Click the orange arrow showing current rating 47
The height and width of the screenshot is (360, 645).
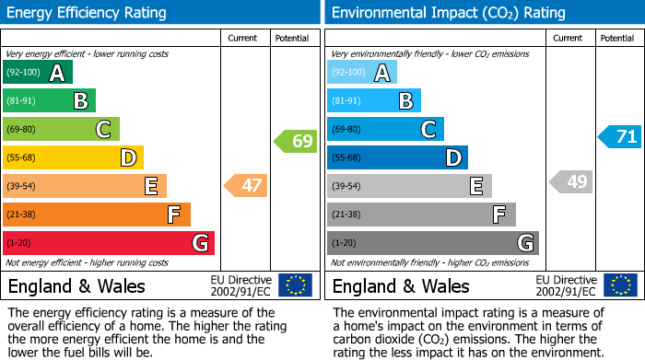pyautogui.click(x=246, y=186)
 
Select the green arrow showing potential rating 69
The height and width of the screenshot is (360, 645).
pyautogui.click(x=295, y=142)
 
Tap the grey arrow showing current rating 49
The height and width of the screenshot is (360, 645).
pyautogui.click(x=570, y=182)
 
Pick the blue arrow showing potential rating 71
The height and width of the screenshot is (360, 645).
pyautogui.click(x=620, y=137)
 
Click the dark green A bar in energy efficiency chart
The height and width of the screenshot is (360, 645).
pyautogui.click(x=37, y=73)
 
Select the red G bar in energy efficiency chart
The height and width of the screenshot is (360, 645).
pyautogui.click(x=108, y=243)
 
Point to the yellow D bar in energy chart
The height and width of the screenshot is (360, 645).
pyautogui.click(x=73, y=158)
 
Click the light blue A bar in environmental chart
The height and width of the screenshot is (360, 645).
pyautogui.click(x=362, y=73)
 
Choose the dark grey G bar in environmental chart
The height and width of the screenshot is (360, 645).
pyautogui.click(x=432, y=243)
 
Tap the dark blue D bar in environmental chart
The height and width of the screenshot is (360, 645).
pyautogui.click(x=397, y=158)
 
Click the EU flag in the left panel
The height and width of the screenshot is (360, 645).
pyautogui.click(x=295, y=285)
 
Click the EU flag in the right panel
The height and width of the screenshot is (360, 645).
pyautogui.click(x=620, y=285)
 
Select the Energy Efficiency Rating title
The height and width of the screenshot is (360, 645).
pyautogui.click(x=88, y=13)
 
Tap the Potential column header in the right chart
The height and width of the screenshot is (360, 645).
pyautogui.click(x=617, y=38)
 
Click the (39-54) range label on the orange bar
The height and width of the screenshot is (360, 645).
pyautogui.click(x=22, y=187)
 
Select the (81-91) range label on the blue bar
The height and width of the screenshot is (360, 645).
pyautogui.click(x=346, y=101)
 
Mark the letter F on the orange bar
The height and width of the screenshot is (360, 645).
pyautogui.click(x=172, y=215)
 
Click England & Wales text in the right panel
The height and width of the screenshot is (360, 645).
pyautogui.click(x=401, y=286)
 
